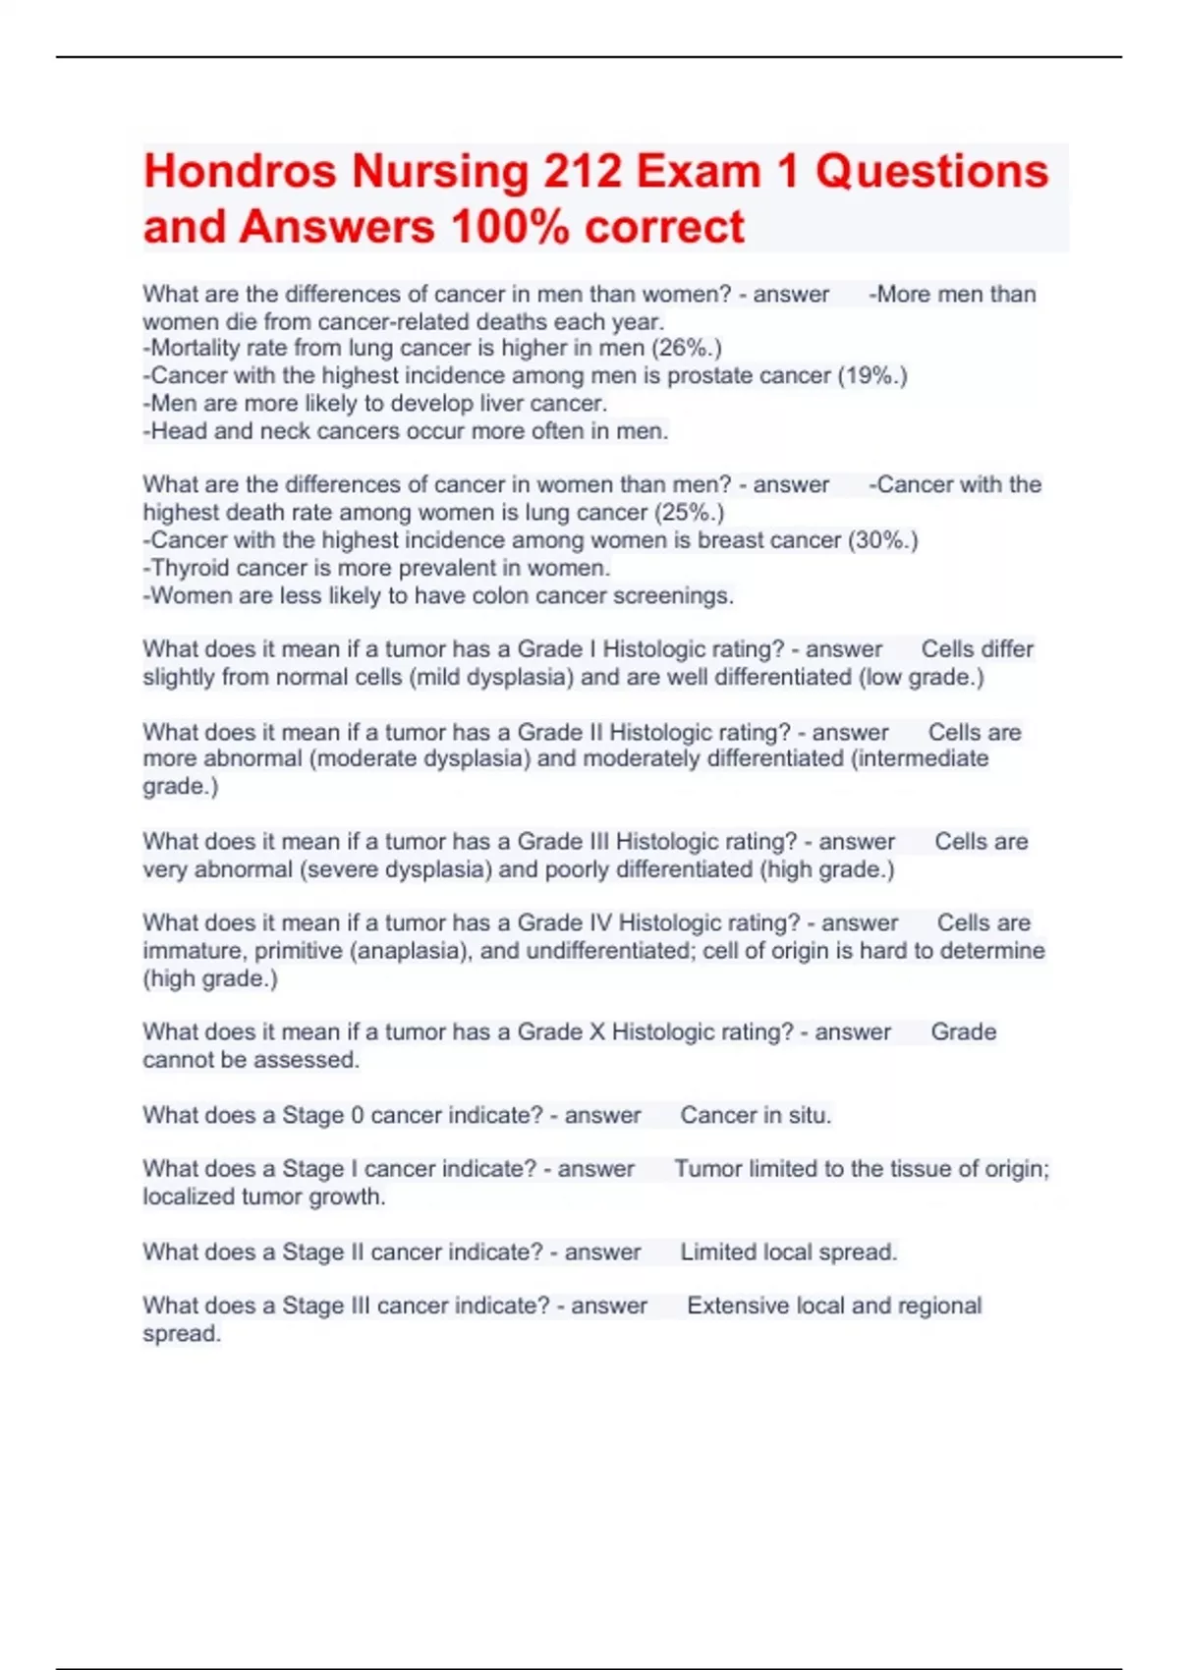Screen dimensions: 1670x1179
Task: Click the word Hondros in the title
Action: click(x=240, y=171)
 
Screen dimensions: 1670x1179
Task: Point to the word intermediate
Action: click(x=924, y=758)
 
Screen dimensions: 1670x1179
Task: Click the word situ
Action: click(x=810, y=1115)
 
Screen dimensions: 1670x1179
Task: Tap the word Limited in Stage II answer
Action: click(x=717, y=1252)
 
